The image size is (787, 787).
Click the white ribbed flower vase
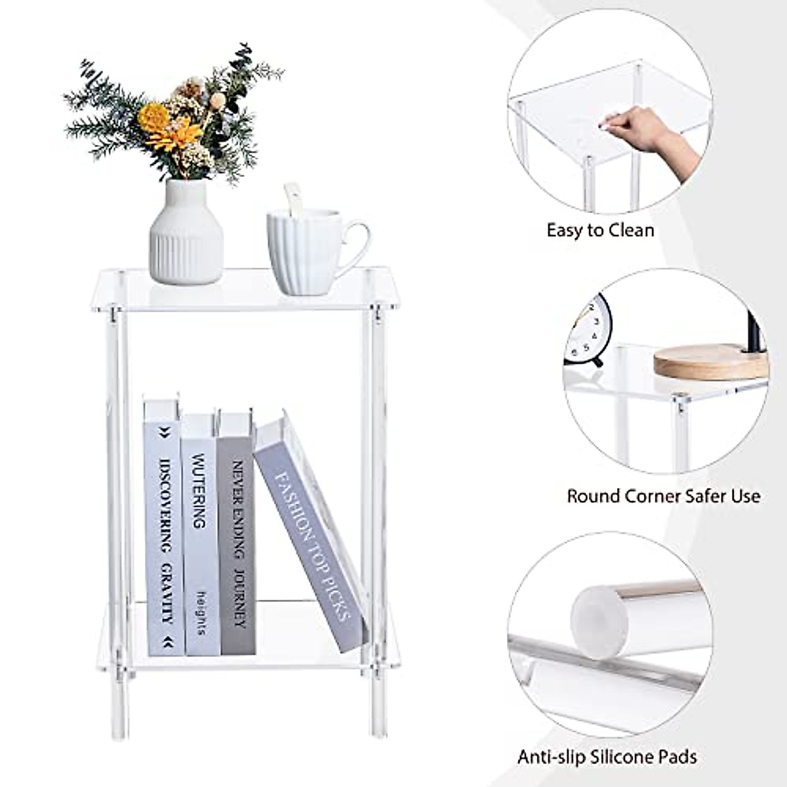pos(186,236)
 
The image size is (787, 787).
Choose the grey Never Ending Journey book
pos(237,535)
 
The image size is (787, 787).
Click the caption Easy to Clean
pos(600,230)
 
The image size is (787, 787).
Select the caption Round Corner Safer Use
pos(663,496)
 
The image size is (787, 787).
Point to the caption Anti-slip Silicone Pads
pos(607,757)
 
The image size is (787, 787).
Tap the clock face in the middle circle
pos(590,331)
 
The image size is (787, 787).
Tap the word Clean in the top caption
pos(630,230)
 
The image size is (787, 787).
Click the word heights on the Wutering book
pos(201,613)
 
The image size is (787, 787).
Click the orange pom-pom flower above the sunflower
pos(155,116)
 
